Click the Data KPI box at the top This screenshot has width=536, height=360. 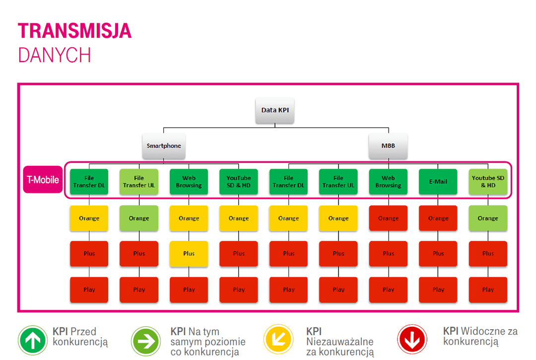[x=275, y=110]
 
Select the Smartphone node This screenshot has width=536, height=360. [x=164, y=146]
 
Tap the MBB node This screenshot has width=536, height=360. [x=388, y=146]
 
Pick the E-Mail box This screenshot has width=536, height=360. [x=438, y=182]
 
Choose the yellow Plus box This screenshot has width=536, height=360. [x=189, y=254]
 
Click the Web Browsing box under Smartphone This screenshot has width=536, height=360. [x=189, y=182]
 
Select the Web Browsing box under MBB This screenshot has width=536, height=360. [x=388, y=182]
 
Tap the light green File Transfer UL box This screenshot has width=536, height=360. [x=139, y=182]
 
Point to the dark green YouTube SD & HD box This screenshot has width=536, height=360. [x=239, y=182]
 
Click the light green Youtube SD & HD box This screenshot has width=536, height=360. [x=488, y=182]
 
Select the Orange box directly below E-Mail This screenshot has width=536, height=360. [x=438, y=218]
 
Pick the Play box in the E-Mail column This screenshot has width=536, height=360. [x=438, y=290]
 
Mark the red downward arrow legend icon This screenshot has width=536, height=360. [x=412, y=340]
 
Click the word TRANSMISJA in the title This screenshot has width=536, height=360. [x=75, y=31]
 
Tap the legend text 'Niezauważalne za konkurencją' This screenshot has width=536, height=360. [x=340, y=347]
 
